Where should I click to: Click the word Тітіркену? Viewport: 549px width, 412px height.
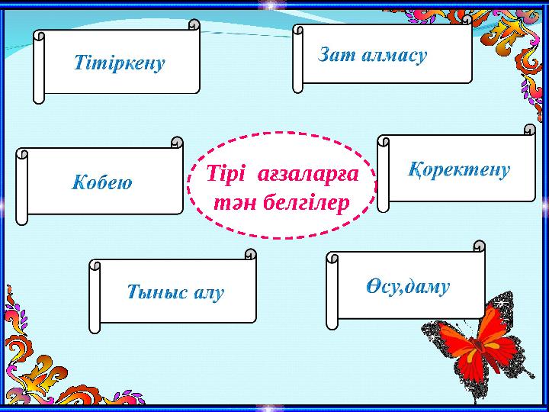click(120, 63)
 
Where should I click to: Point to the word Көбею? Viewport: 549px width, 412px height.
click(103, 182)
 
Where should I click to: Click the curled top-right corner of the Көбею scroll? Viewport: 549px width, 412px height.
click(177, 143)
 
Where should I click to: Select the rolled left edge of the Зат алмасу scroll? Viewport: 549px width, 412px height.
click(299, 57)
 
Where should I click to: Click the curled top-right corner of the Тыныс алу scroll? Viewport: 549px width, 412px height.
click(250, 256)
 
